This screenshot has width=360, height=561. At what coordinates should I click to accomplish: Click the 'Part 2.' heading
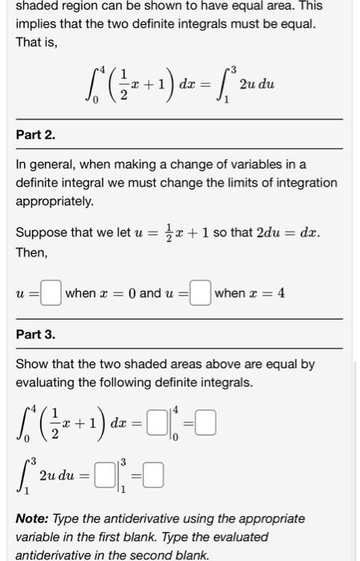(35, 134)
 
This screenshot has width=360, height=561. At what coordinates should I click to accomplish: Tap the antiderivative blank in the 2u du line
(104, 478)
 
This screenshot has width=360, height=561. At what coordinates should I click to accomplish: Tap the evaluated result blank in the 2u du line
(155, 478)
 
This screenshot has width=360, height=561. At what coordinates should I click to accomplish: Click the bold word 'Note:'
(34, 519)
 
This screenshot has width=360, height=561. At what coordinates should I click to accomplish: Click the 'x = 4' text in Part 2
(268, 293)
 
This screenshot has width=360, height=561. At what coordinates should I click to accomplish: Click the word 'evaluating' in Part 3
(47, 381)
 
